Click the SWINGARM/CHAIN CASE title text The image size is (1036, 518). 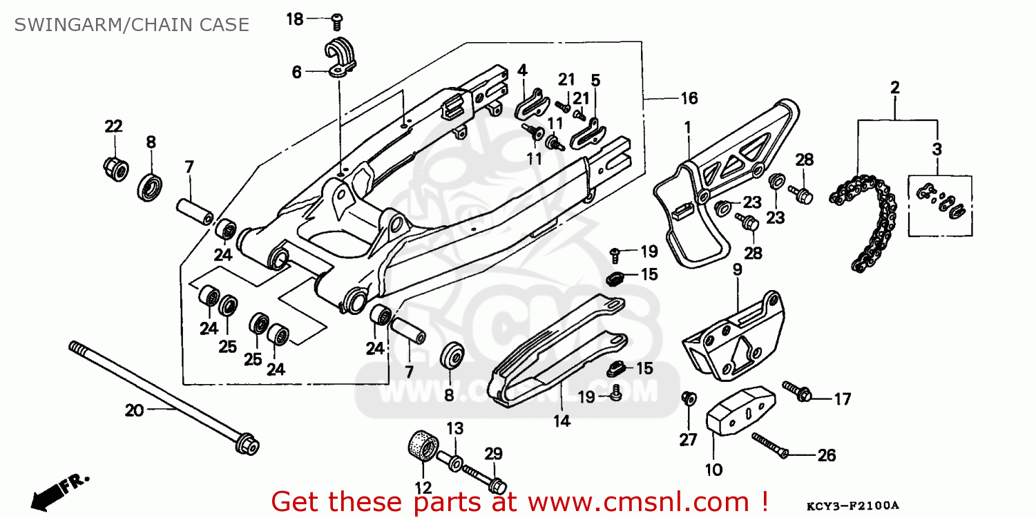click(131, 25)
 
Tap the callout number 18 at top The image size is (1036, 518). click(295, 19)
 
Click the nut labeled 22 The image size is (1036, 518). click(114, 167)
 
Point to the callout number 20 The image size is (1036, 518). click(134, 410)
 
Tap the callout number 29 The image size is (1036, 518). click(492, 454)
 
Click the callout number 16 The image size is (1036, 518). click(689, 99)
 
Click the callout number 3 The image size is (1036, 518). click(937, 149)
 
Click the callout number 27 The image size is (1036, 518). click(688, 439)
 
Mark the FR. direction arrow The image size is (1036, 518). click(55, 490)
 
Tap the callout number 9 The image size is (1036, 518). click(737, 269)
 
